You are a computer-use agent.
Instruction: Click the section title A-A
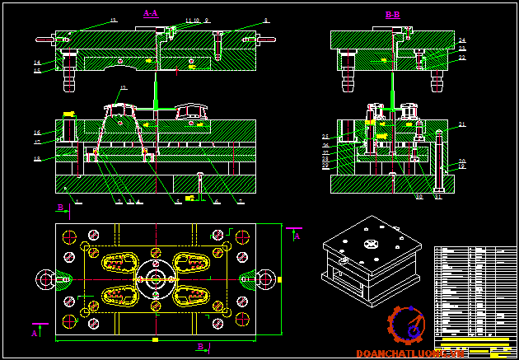151,13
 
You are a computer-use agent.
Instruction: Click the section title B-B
392,15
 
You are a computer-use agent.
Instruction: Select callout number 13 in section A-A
113,19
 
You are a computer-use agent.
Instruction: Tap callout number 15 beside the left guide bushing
37,71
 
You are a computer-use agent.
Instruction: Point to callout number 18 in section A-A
37,158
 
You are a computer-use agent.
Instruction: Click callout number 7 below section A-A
240,201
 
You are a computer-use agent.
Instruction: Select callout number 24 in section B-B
462,40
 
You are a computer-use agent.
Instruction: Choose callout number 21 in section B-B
462,124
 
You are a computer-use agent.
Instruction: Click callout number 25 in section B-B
325,136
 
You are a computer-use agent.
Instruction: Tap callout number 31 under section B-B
437,197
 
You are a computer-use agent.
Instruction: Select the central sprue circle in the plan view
154,279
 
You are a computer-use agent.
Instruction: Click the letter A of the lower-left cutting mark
35,334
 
